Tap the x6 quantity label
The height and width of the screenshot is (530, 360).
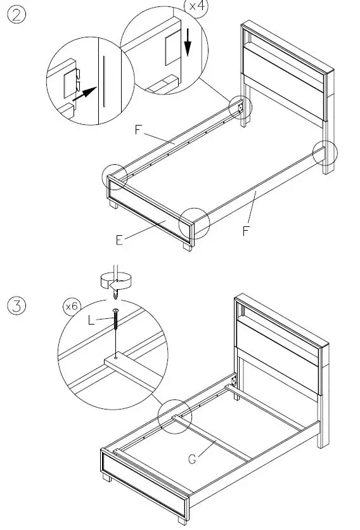point(72,307)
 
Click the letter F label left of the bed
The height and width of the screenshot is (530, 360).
point(139,130)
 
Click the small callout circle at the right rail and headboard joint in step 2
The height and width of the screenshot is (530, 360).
point(326,152)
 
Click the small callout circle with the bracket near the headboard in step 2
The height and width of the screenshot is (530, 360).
point(239,108)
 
